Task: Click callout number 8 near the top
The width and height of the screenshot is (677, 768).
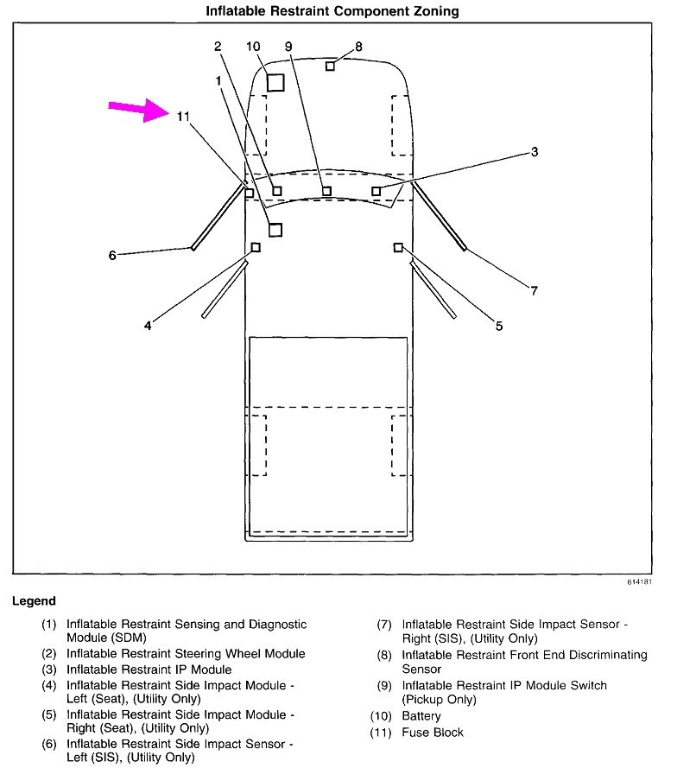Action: point(358,47)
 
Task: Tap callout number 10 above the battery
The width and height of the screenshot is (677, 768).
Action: point(252,46)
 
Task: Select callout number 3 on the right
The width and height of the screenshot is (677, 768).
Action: point(535,152)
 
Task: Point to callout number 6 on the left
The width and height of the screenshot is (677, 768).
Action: point(112,255)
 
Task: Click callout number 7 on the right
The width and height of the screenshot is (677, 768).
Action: point(534,290)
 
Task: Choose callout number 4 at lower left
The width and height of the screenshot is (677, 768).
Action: point(148,326)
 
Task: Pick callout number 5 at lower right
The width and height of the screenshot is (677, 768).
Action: point(499,326)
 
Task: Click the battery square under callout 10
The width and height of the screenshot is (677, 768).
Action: point(275,83)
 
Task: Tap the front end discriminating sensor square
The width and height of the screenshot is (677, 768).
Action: point(330,66)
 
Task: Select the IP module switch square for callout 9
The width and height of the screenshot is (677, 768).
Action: point(326,191)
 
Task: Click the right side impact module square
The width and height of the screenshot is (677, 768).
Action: point(398,248)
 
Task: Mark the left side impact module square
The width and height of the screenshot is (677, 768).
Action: point(256,248)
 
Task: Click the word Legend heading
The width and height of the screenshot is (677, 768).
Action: point(34,601)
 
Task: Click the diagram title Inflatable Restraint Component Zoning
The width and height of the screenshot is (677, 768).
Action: point(332,11)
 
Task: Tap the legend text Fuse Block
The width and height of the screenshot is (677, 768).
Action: point(433,732)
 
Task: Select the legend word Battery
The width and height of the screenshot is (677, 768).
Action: point(421,716)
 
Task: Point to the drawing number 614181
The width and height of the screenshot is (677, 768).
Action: point(640,582)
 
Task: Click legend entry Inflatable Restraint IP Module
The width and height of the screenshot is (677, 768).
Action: point(149,670)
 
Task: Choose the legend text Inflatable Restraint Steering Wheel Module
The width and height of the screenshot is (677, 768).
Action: point(186,654)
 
